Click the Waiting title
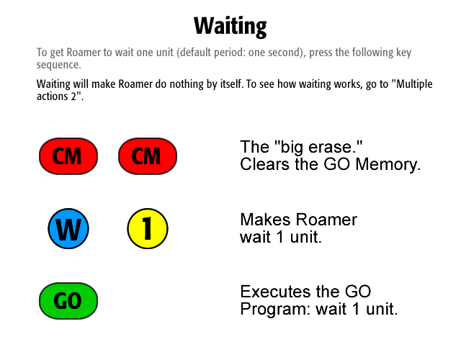pos(230,27)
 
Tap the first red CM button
pos(68,156)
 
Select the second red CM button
pos(148,156)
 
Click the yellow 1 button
pos(148,229)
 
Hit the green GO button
pos(68,301)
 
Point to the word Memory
pos(388,165)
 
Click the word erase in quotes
pos(331,147)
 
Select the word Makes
pos(267,220)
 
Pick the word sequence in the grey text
pos(58,65)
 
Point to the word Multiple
pos(414,84)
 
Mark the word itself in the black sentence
pos(233,84)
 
